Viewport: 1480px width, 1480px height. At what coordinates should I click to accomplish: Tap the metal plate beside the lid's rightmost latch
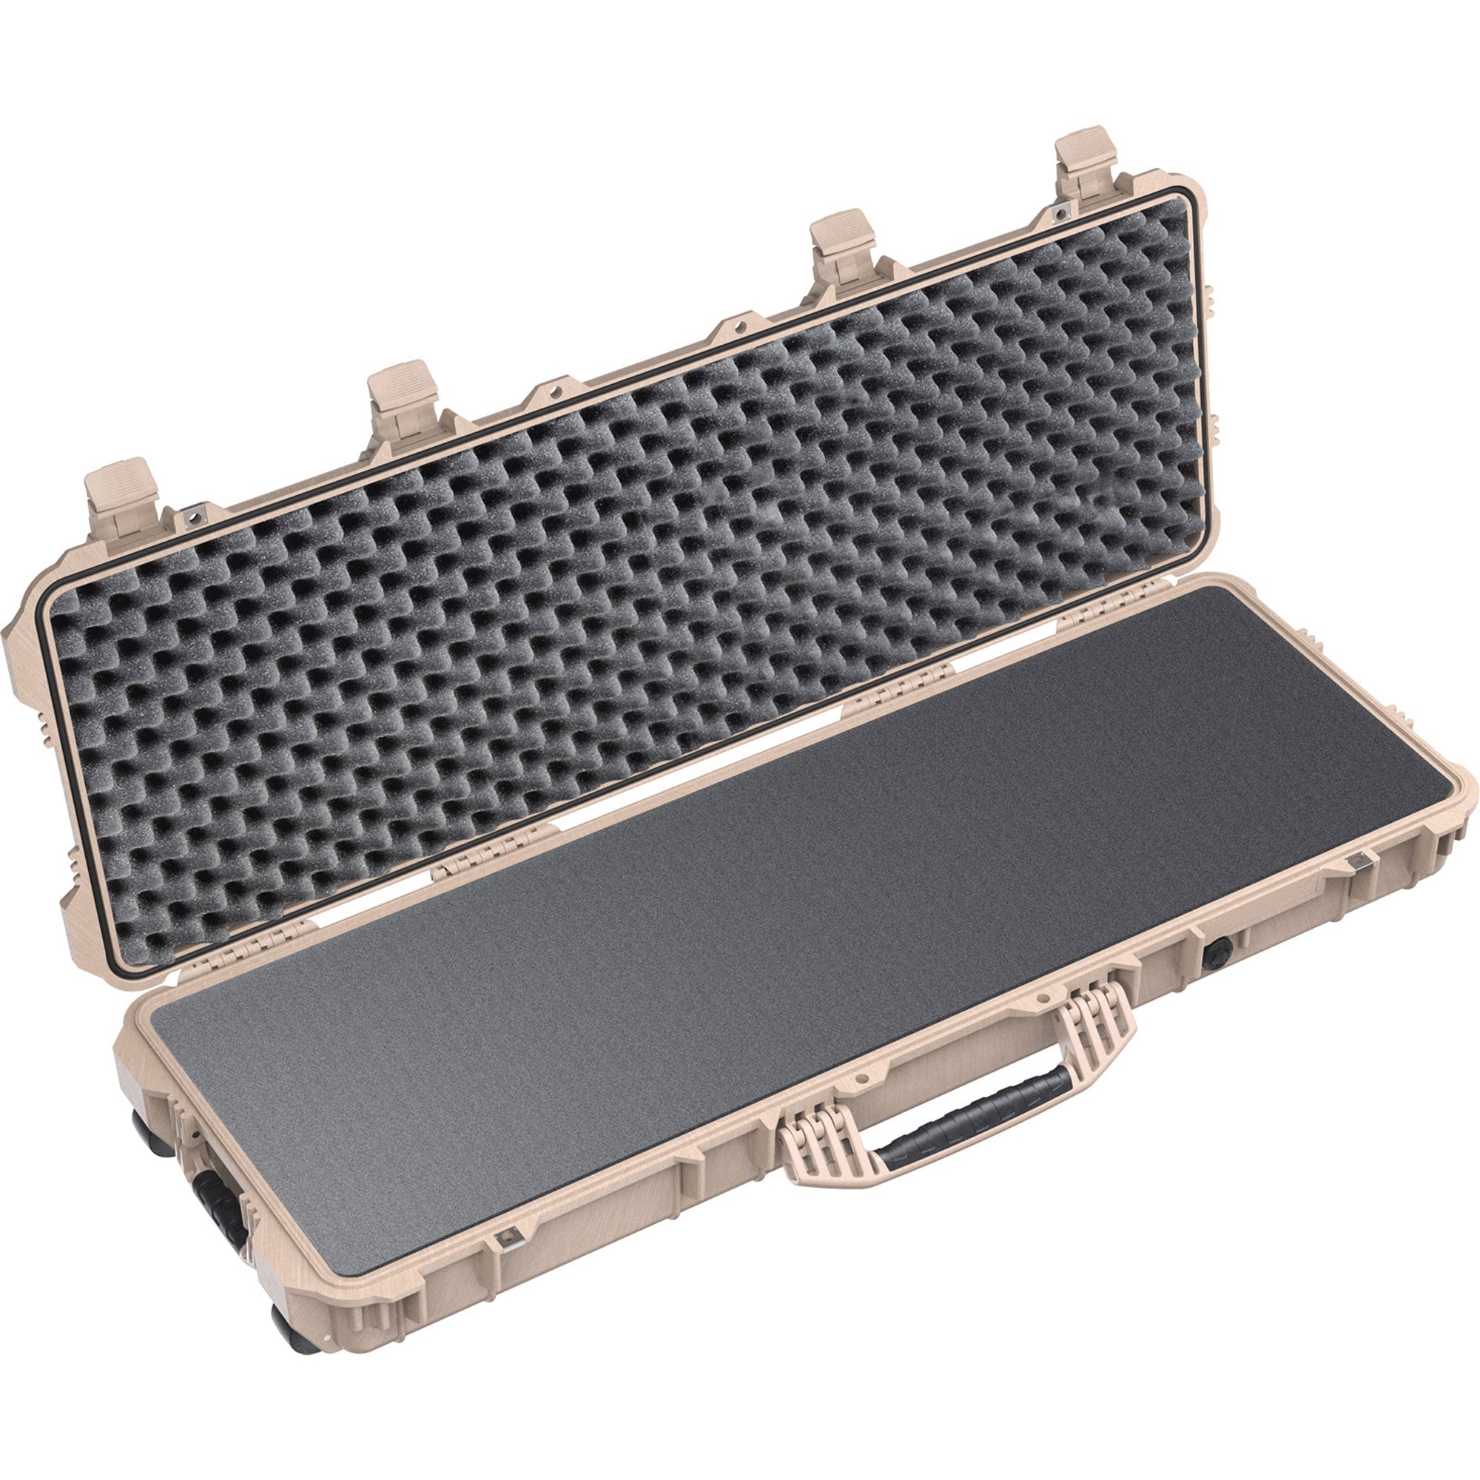point(1060,209)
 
